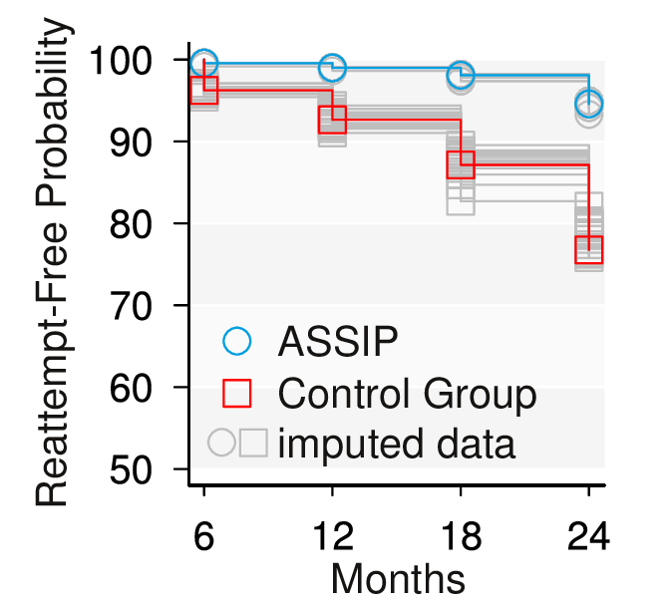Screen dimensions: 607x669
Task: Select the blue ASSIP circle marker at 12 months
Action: click(x=332, y=69)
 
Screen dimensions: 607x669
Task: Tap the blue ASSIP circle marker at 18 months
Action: click(x=461, y=76)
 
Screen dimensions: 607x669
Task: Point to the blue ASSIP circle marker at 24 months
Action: click(x=588, y=103)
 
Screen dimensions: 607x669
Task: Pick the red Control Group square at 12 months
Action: click(x=332, y=120)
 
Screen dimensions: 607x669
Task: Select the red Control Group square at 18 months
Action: click(x=461, y=164)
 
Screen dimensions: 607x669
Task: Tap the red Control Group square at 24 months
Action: click(x=588, y=250)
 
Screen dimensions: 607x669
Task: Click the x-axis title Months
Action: click(x=397, y=579)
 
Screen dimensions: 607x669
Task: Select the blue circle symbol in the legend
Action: click(x=237, y=341)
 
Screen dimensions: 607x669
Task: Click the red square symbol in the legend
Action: click(x=237, y=395)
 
